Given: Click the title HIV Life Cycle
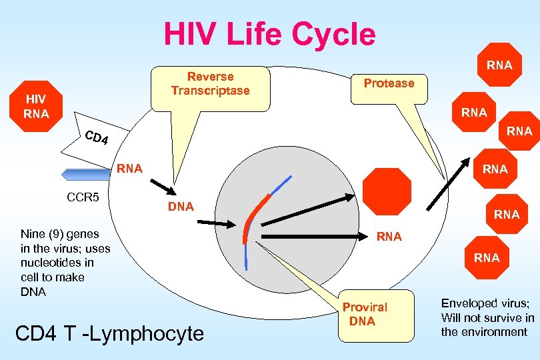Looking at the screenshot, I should pos(269,33).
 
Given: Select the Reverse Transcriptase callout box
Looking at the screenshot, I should pos(210,87).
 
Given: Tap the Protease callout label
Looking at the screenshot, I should pos(389,83).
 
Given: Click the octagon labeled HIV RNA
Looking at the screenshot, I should pos(35,107).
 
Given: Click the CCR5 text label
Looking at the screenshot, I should pos(83,197).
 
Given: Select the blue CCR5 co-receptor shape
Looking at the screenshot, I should pos(85,174).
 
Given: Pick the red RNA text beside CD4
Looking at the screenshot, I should pos(129,169).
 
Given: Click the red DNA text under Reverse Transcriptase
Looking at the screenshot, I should pos(181,207).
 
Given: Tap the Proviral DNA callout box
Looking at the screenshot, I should pos(364,313).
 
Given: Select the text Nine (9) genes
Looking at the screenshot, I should pos(60,233).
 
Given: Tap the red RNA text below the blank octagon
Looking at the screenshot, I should pos(389,236).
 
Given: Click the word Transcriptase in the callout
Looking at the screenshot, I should pos(210,91).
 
